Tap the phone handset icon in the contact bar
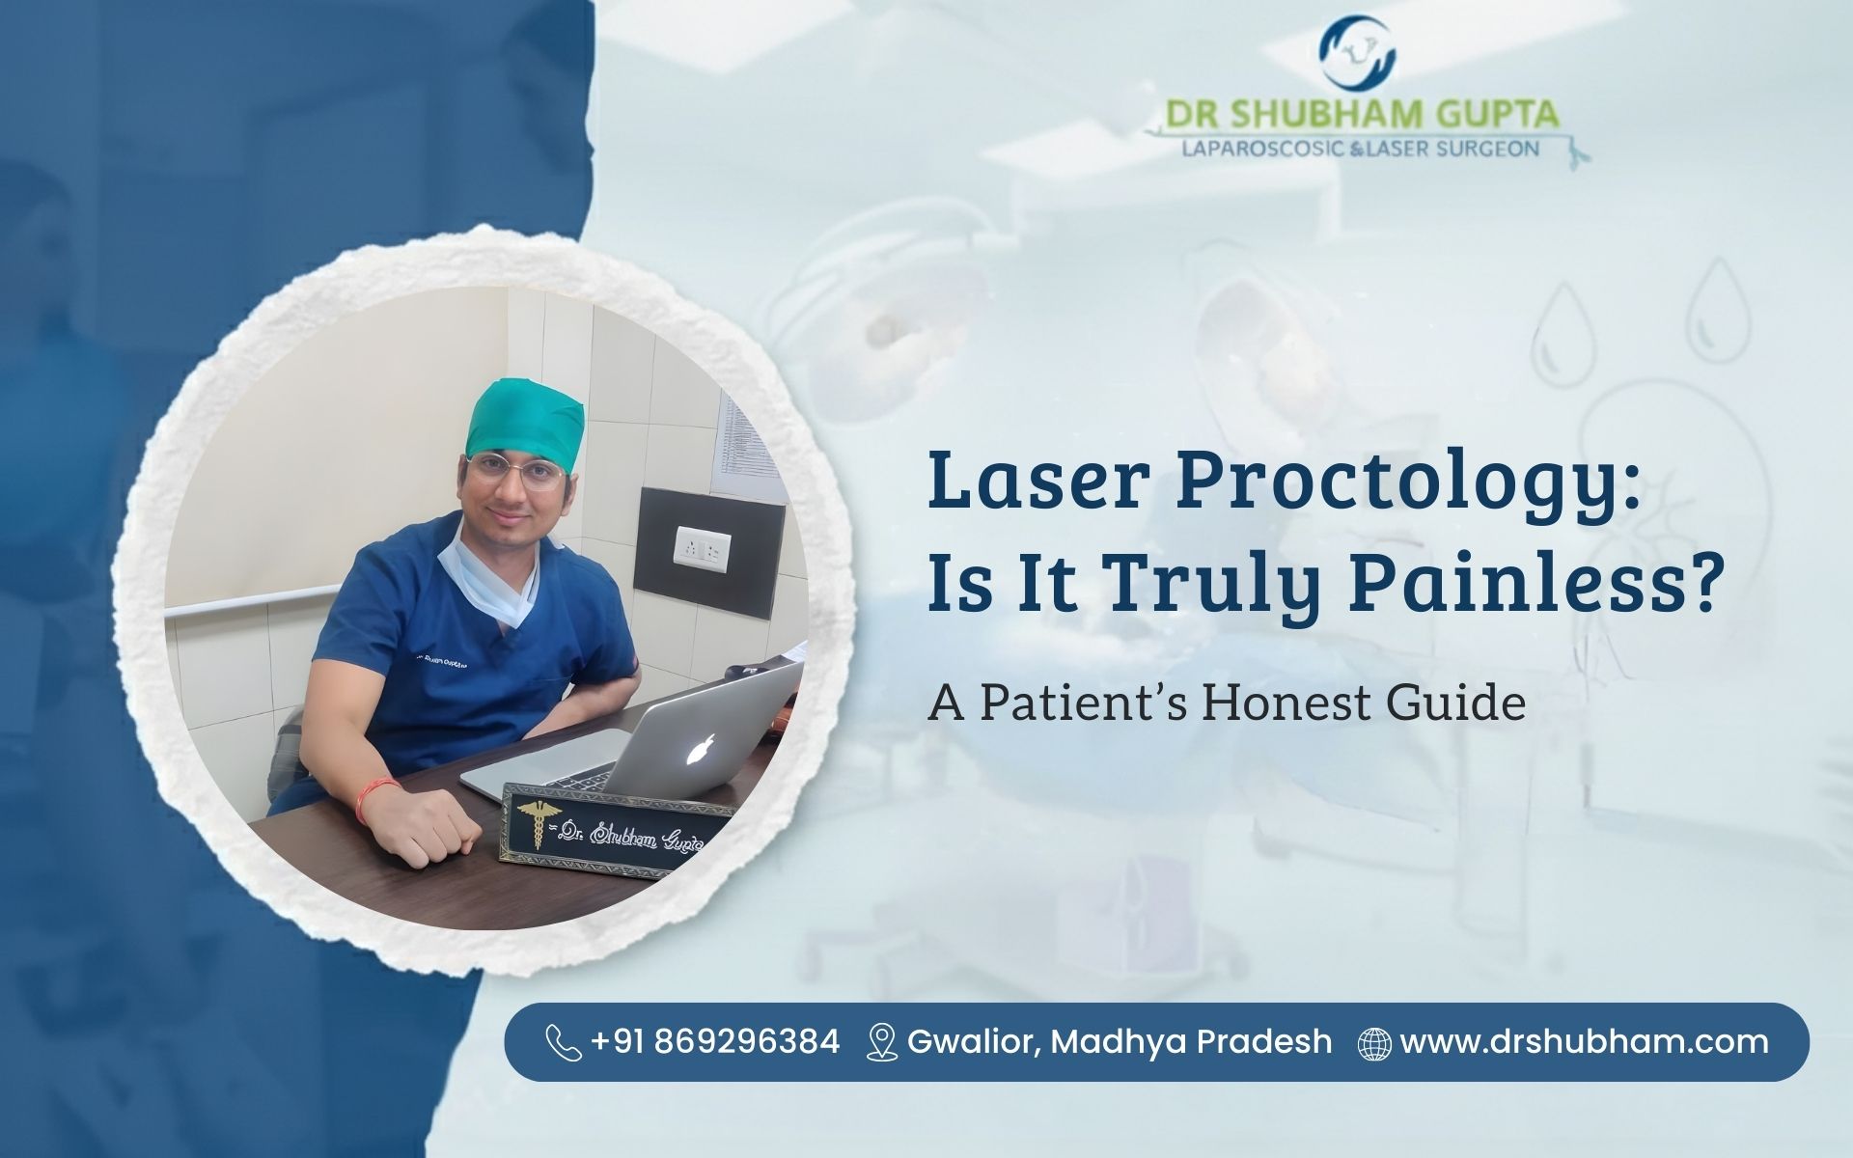(563, 1042)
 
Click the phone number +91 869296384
(714, 1042)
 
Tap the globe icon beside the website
(1374, 1043)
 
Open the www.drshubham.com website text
(1584, 1042)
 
